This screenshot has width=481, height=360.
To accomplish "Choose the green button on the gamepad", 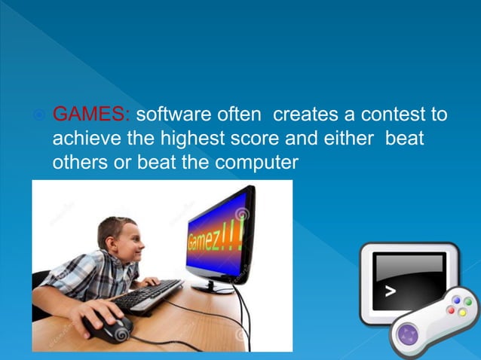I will click(x=467, y=301).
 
